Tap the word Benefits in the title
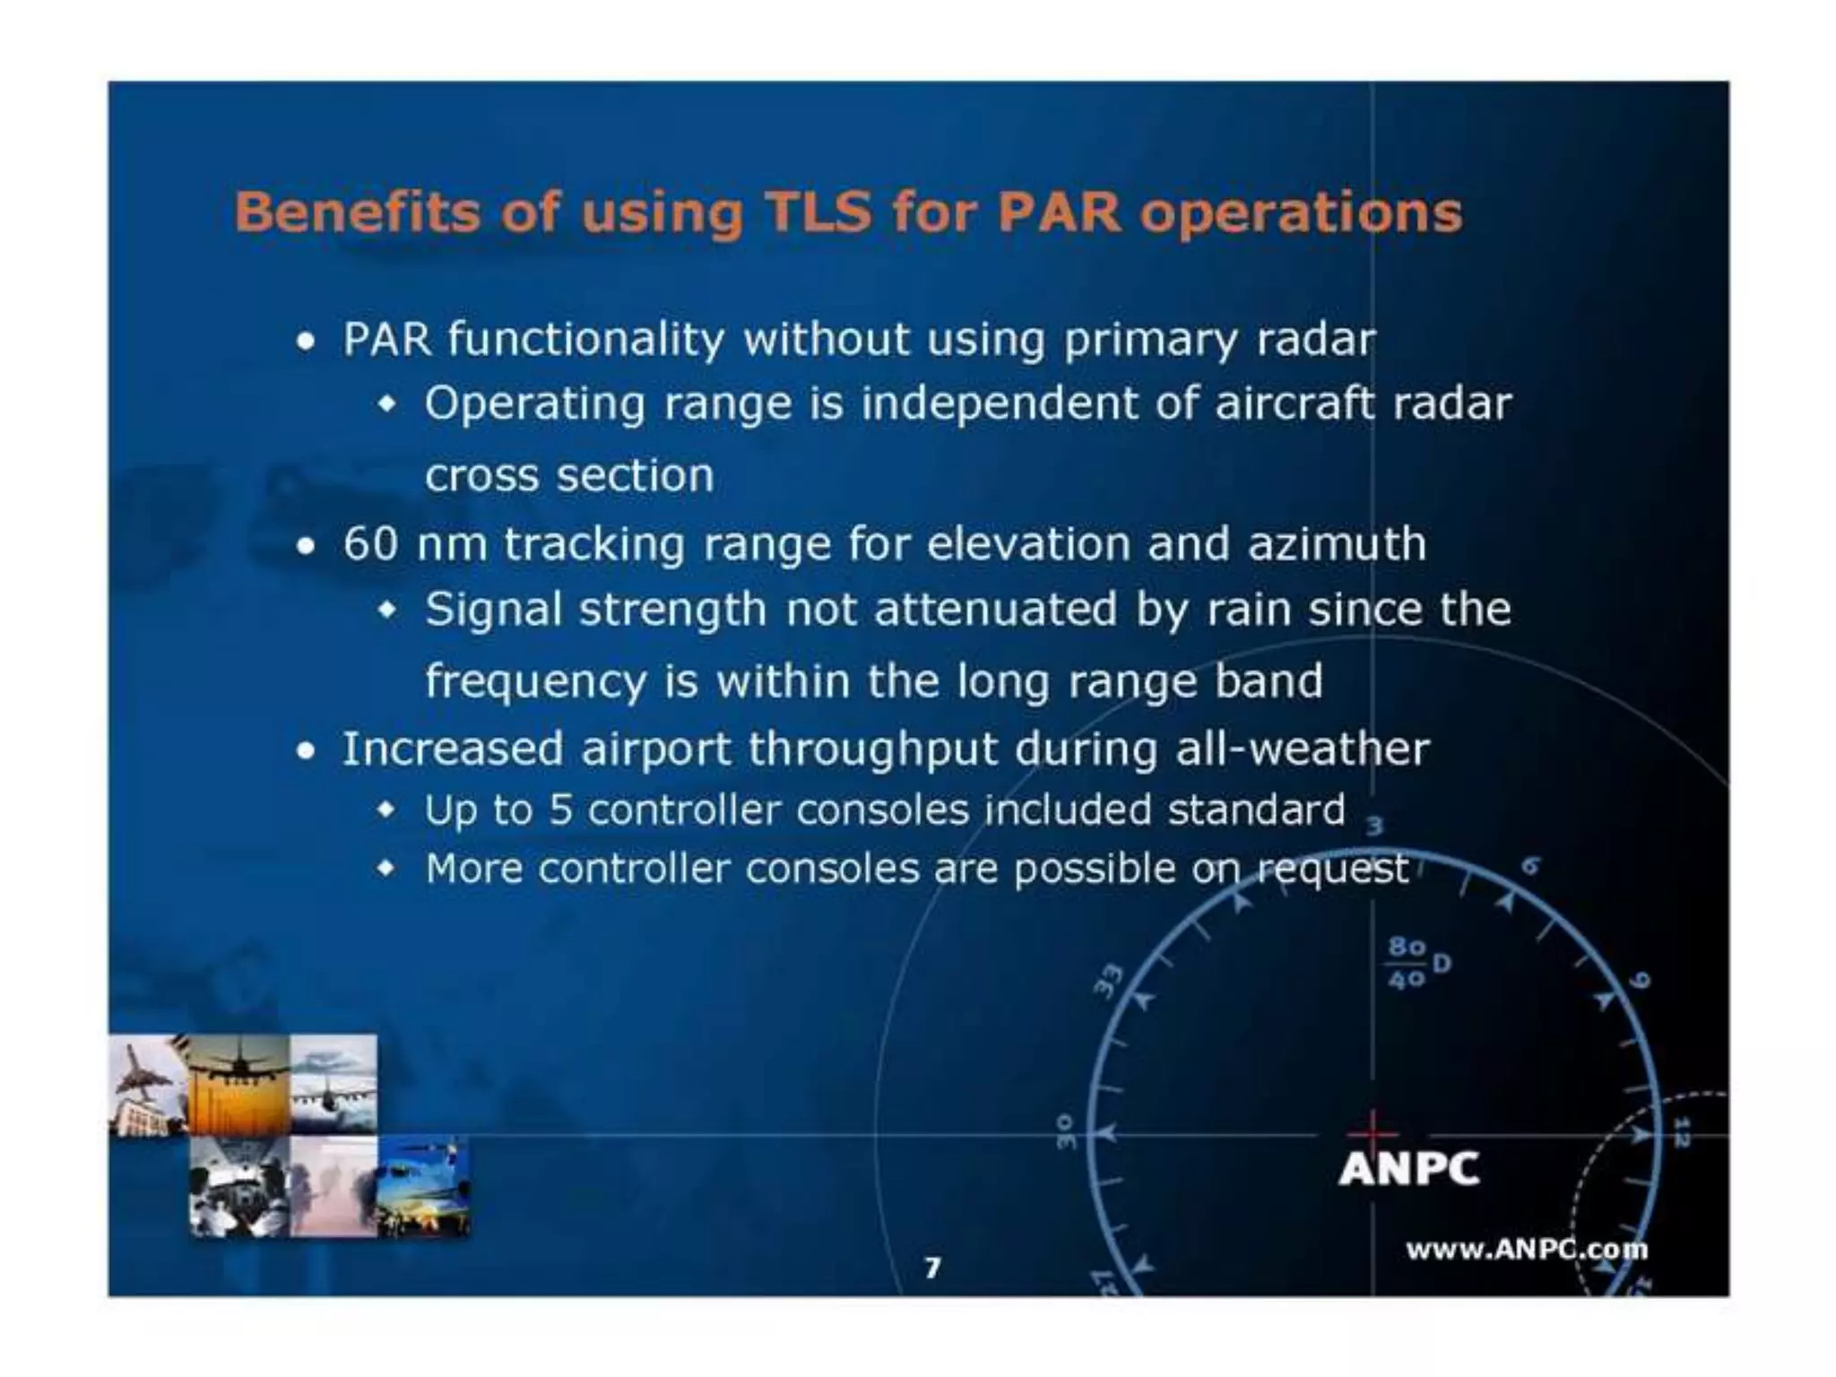[x=356, y=213]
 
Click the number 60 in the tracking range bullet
[x=370, y=544]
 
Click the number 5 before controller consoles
[x=561, y=810]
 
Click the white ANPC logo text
[x=1408, y=1169]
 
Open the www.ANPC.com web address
[x=1526, y=1250]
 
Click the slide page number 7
[x=932, y=1267]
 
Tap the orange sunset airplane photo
[x=238, y=1085]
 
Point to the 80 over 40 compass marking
[x=1407, y=963]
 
